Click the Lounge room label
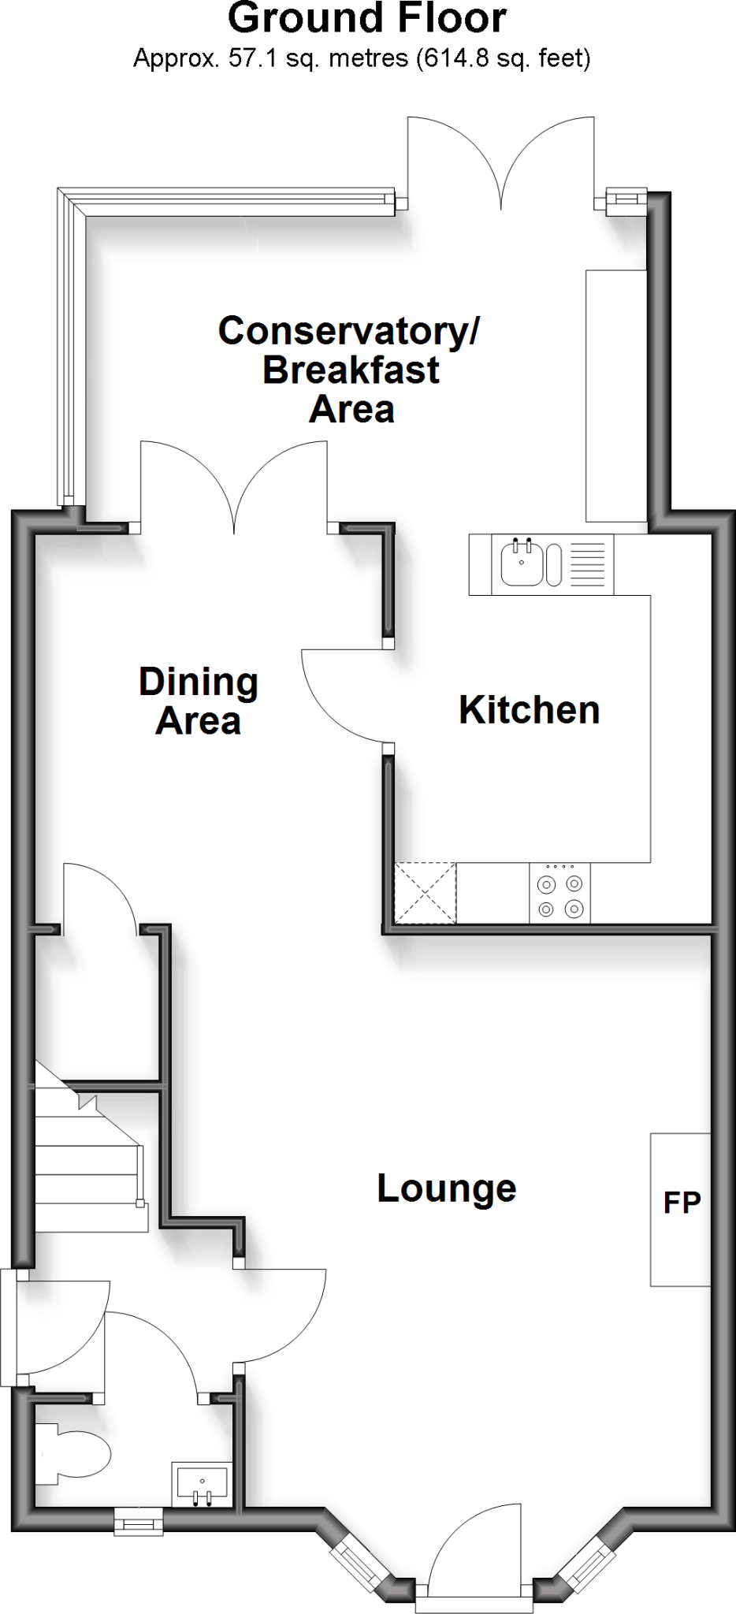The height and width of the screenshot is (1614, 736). tap(446, 1188)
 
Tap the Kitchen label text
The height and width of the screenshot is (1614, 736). tap(529, 710)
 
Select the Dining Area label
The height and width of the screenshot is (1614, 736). tap(199, 701)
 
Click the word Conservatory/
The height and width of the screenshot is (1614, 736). tap(348, 331)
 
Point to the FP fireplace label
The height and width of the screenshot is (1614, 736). tap(682, 1203)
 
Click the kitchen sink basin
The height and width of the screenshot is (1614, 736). tap(521, 562)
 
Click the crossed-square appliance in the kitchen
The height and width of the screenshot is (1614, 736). tap(425, 893)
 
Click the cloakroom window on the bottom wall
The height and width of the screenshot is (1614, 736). tap(139, 1520)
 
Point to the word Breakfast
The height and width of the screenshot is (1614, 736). tap(351, 370)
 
